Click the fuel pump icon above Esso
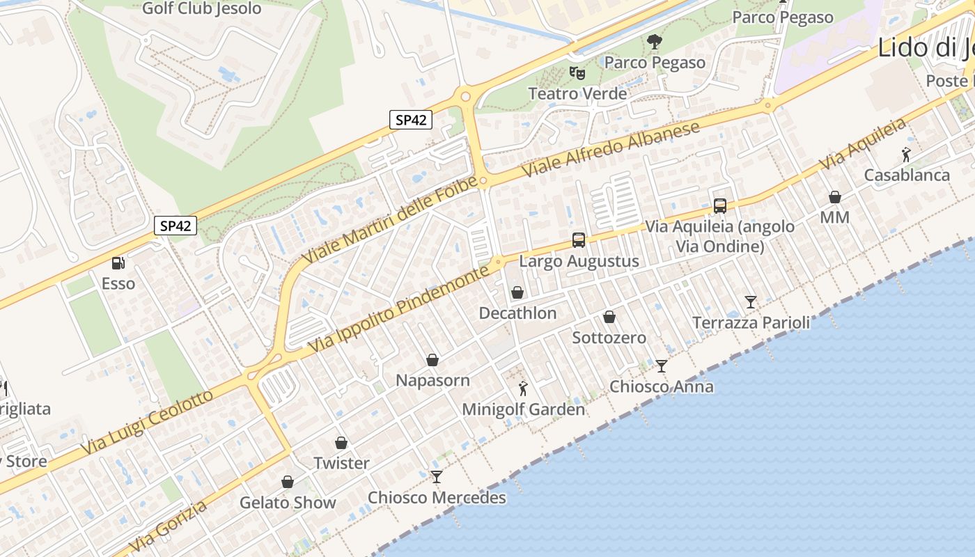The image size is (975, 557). pyautogui.click(x=118, y=263)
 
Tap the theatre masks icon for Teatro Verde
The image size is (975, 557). pyautogui.click(x=577, y=72)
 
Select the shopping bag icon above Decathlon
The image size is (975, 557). pyautogui.click(x=517, y=292)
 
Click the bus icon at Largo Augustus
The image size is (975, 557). pyautogui.click(x=578, y=240)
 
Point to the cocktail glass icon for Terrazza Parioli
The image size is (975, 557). pyautogui.click(x=750, y=301)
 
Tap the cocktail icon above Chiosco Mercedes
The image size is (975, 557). pyautogui.click(x=436, y=477)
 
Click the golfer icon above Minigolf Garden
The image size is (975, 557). pyautogui.click(x=523, y=389)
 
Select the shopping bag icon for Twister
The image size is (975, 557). pyautogui.click(x=341, y=443)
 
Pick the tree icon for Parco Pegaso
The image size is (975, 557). pyautogui.click(x=654, y=42)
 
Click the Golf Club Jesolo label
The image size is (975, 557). pyautogui.click(x=202, y=9)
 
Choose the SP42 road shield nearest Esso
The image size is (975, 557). pyautogui.click(x=175, y=226)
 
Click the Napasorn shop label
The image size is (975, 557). pyautogui.click(x=432, y=381)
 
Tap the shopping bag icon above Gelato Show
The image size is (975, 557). pyautogui.click(x=287, y=482)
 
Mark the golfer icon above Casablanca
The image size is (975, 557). pyautogui.click(x=905, y=155)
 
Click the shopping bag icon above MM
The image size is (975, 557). pyautogui.click(x=834, y=198)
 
